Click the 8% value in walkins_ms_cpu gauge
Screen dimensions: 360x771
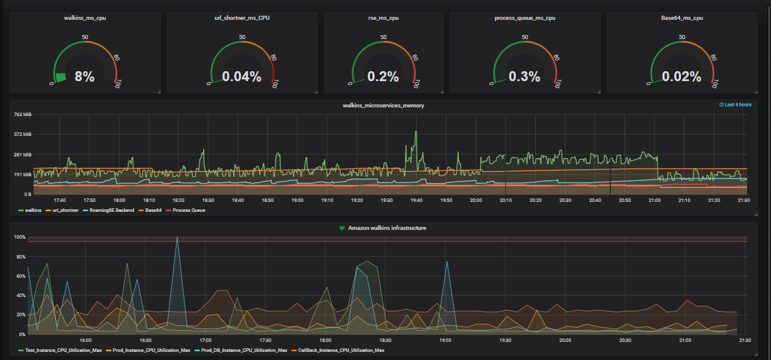click(x=85, y=76)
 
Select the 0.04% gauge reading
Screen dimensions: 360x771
click(x=242, y=76)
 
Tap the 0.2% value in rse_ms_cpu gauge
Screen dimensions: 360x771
click(x=383, y=76)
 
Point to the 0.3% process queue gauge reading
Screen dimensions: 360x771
click(x=525, y=76)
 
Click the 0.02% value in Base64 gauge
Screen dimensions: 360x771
click(x=682, y=76)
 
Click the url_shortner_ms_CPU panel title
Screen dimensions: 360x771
click(x=242, y=18)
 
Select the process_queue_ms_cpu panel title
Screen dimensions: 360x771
click(x=525, y=18)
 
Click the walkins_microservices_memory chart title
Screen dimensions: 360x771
click(x=383, y=105)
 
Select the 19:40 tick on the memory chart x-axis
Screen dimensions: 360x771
click(x=416, y=200)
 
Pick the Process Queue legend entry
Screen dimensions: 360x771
click(x=189, y=210)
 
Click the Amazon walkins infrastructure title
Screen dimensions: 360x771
click(x=387, y=228)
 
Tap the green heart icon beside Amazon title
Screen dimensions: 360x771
click(x=343, y=228)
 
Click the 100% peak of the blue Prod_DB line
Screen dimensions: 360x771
click(x=177, y=237)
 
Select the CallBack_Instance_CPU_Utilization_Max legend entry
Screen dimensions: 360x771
click(x=341, y=350)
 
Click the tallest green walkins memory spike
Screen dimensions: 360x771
click(x=416, y=132)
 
